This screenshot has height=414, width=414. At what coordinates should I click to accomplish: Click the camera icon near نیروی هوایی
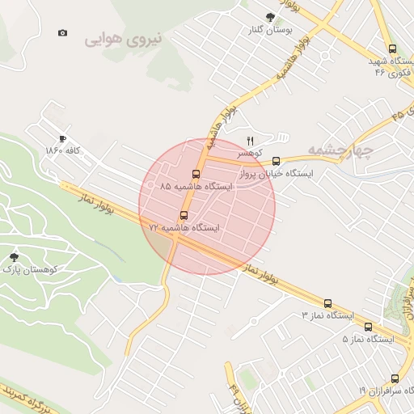(x=63, y=33)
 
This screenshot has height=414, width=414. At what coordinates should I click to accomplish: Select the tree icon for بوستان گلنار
(x=270, y=16)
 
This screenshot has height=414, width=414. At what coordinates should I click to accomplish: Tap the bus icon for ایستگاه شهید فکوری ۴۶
(x=392, y=49)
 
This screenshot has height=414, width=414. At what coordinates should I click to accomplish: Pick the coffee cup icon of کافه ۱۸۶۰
(x=63, y=138)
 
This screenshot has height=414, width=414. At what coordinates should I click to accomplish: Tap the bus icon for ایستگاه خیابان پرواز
(x=277, y=161)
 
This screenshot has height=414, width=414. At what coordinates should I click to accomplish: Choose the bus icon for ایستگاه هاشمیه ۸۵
(x=196, y=174)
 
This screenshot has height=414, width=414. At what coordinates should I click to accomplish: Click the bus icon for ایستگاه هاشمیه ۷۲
(x=184, y=216)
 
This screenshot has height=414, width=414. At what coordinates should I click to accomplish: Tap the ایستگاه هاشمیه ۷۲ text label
(x=184, y=229)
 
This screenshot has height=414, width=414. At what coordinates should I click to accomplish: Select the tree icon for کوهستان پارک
(x=14, y=256)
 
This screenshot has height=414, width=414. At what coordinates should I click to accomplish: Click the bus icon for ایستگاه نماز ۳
(x=327, y=302)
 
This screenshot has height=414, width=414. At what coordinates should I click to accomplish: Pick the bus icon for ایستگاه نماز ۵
(x=368, y=327)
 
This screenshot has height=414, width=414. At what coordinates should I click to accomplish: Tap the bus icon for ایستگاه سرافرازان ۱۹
(x=395, y=378)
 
